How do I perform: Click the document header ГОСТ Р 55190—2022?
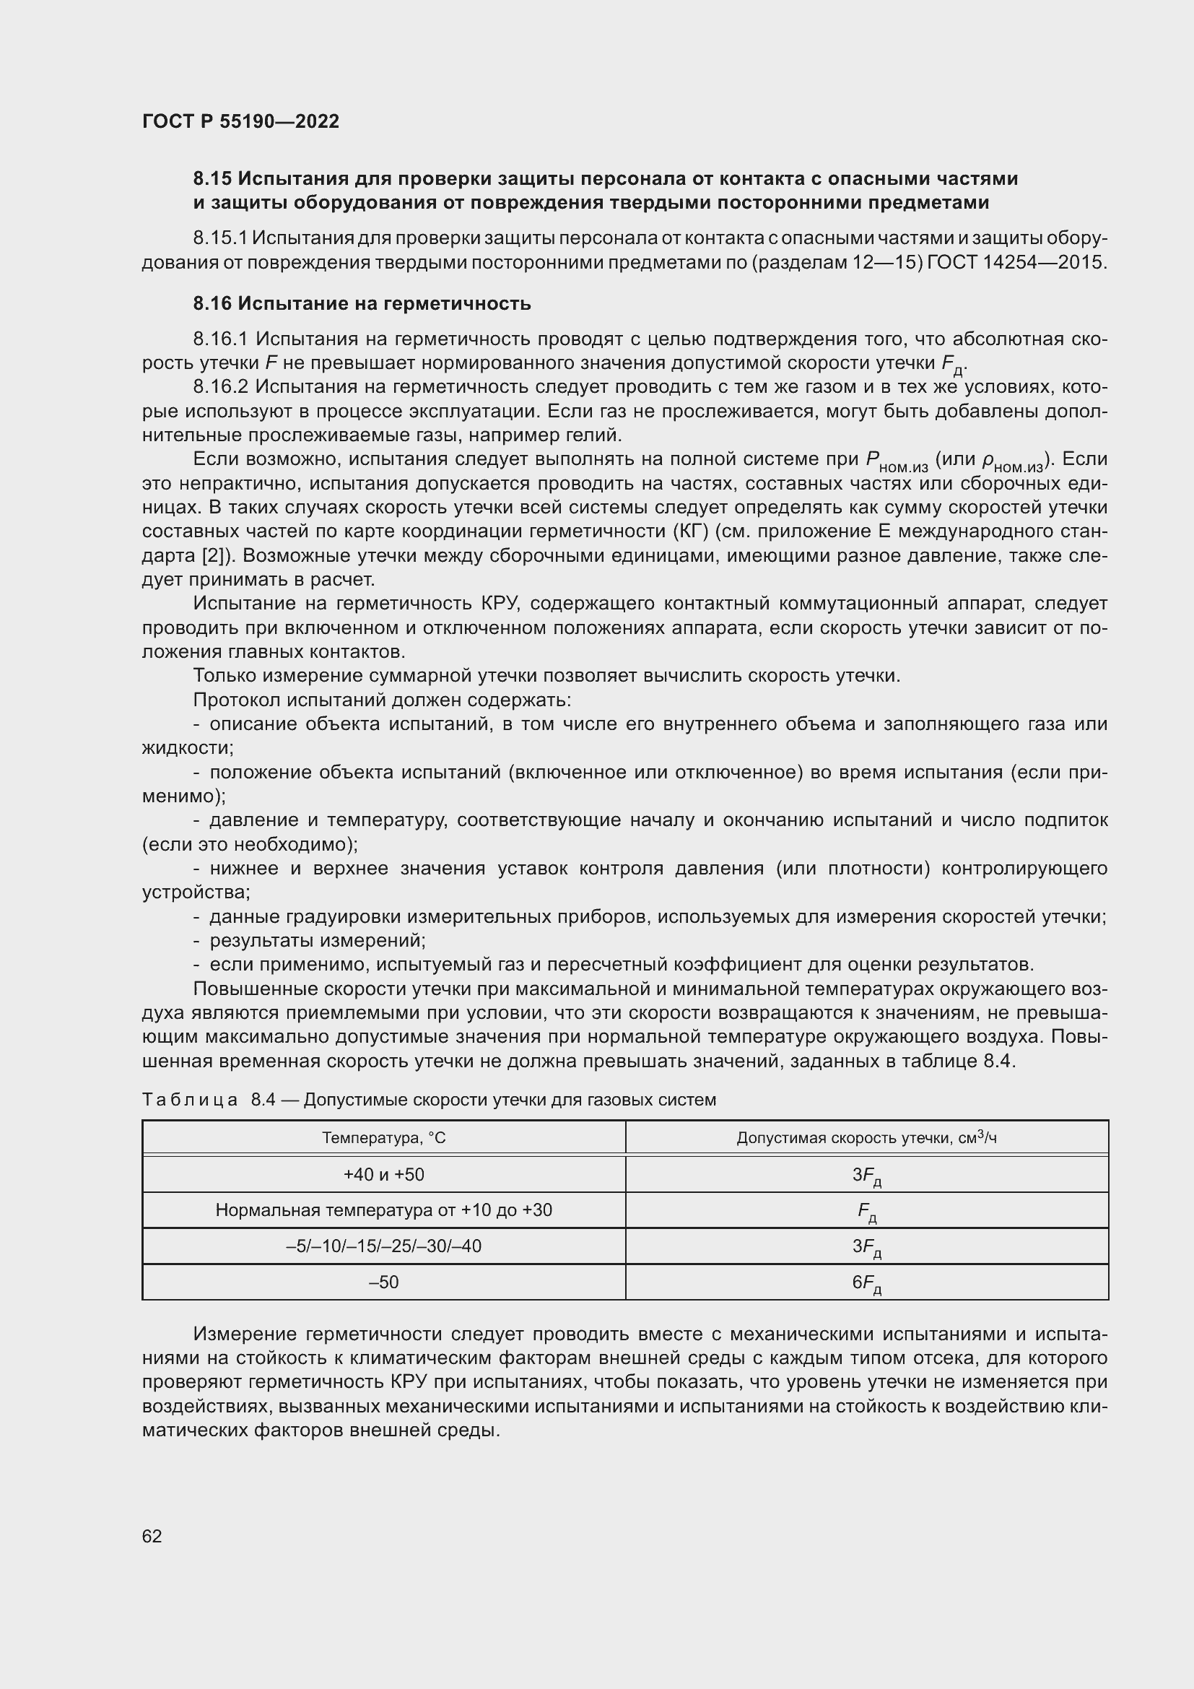point(240,121)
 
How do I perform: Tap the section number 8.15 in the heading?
point(212,179)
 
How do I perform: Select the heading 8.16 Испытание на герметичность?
point(362,303)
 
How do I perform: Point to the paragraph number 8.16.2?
point(221,387)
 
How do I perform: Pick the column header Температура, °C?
point(384,1138)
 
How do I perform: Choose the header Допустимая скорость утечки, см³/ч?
point(866,1138)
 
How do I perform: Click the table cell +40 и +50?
point(384,1175)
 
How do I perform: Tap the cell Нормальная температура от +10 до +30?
point(384,1210)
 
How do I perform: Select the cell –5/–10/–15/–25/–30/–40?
point(384,1246)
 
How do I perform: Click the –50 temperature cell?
point(384,1282)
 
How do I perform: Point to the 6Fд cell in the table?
point(866,1283)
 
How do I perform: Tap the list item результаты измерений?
point(317,941)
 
